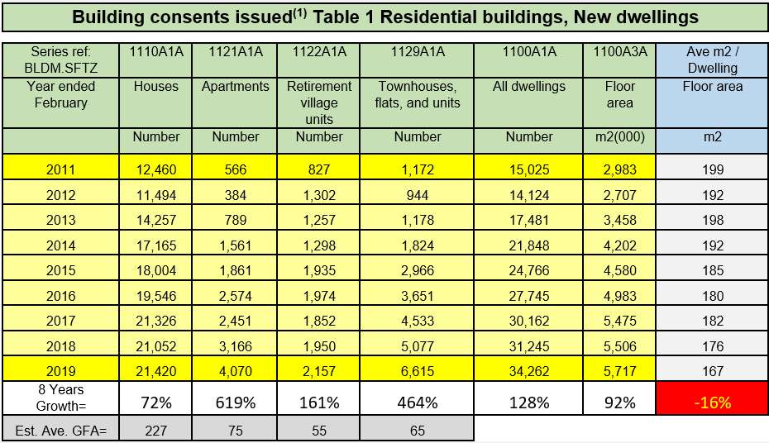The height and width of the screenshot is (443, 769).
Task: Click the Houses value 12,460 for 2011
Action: click(x=156, y=169)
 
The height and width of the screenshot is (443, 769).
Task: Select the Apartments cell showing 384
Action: click(x=236, y=195)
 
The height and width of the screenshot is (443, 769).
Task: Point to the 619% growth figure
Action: click(x=236, y=403)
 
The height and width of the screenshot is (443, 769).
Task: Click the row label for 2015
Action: click(x=61, y=270)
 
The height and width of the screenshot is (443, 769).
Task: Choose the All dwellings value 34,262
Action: click(x=529, y=371)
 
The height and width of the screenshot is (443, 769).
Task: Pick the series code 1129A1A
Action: click(x=418, y=51)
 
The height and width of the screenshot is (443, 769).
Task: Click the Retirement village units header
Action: click(x=319, y=103)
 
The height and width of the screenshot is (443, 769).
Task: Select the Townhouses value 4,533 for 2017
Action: click(x=418, y=321)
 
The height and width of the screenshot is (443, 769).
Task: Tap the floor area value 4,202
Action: click(x=620, y=245)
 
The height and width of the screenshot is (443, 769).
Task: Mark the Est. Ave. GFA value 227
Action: click(x=156, y=431)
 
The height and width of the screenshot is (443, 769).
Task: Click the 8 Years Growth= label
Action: click(x=61, y=398)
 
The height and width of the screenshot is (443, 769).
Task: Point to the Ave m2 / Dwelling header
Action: click(x=713, y=60)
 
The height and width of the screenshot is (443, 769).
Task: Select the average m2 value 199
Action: click(x=713, y=169)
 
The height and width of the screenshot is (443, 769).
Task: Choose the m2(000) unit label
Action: click(x=620, y=136)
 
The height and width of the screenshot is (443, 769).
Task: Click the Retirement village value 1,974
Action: click(x=319, y=296)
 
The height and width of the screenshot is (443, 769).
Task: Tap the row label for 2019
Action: click(x=61, y=371)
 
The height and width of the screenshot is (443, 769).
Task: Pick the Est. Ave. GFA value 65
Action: click(x=418, y=431)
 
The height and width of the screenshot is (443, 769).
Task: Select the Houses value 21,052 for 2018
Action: click(x=156, y=346)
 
